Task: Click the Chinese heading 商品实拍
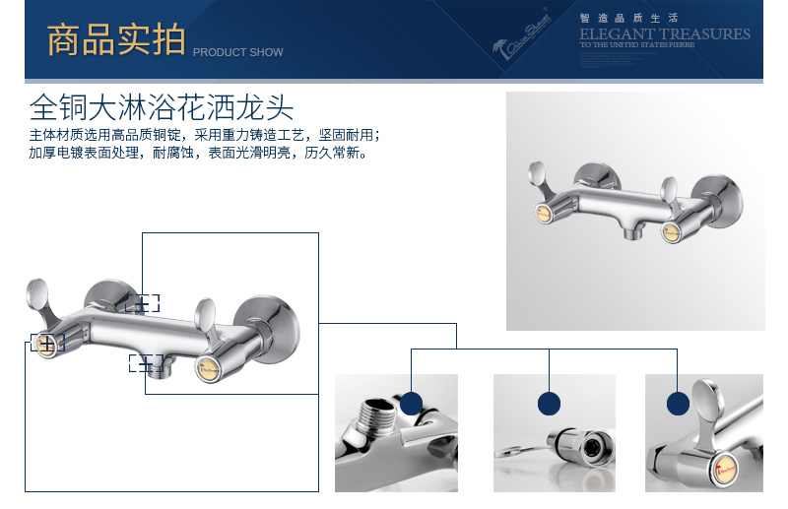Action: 115,40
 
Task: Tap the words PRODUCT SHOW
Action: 237,52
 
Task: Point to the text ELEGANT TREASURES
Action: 664,33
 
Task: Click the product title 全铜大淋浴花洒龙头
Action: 162,105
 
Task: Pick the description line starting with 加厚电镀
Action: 197,154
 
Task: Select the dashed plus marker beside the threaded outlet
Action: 144,362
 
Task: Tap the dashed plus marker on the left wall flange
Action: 142,303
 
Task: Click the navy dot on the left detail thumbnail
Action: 411,402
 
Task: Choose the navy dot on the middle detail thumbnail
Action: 549,402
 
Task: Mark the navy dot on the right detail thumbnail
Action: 678,403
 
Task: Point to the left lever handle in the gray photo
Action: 541,176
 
